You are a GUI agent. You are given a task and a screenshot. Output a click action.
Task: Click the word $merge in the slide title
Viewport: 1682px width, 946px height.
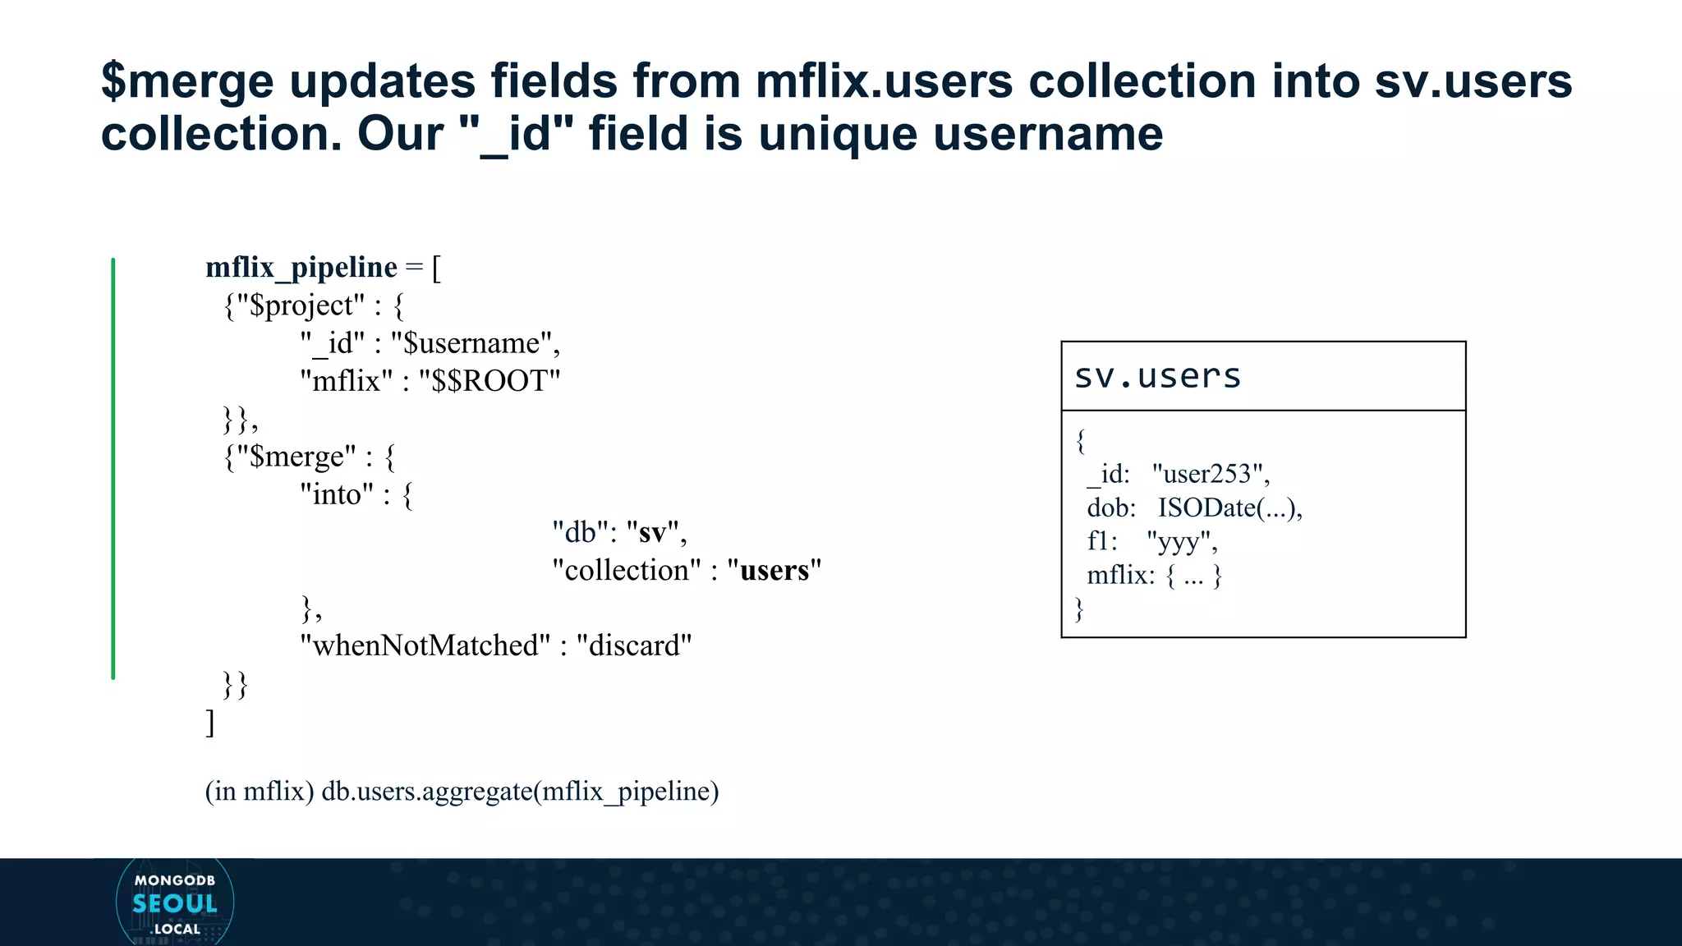(187, 81)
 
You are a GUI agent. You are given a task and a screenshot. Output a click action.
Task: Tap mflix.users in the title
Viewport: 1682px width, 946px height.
(884, 81)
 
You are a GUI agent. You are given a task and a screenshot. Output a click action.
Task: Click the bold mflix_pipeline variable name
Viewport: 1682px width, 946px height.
(301, 268)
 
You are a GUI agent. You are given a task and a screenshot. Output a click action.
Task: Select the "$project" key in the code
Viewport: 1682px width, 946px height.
(301, 305)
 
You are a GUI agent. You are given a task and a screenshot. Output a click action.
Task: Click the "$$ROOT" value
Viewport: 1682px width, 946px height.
(489, 381)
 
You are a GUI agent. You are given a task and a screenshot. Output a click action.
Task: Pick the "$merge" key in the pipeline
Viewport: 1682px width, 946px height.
(296, 457)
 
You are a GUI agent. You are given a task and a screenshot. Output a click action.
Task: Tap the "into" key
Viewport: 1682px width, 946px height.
(337, 494)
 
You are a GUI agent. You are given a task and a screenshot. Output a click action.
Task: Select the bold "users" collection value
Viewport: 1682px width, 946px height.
(774, 570)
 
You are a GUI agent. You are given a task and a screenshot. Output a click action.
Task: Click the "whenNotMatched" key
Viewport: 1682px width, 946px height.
(425, 645)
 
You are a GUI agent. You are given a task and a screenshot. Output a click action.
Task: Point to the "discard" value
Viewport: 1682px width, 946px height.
(634, 645)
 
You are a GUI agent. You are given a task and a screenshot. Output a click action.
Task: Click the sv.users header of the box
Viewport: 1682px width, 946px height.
(1157, 376)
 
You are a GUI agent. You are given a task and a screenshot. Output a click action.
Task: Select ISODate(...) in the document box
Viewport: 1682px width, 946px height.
(1226, 507)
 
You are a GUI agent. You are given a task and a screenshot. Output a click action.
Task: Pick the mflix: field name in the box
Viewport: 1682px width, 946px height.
(1120, 575)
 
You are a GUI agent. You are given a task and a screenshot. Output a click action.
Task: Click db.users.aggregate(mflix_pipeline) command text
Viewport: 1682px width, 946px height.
(520, 791)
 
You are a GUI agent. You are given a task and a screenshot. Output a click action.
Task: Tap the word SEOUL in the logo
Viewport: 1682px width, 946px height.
(175, 903)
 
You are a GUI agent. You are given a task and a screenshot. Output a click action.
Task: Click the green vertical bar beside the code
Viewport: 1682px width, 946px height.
(113, 468)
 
